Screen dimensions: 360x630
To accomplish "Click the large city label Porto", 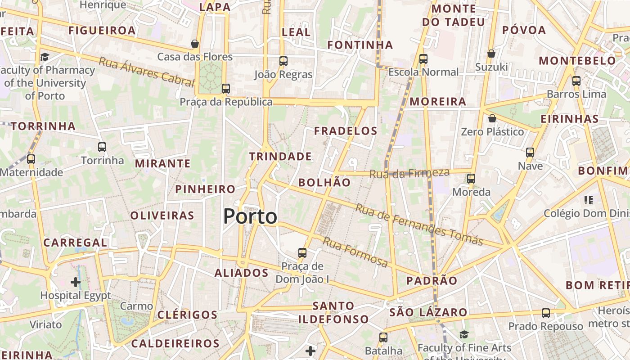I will pos(250,216).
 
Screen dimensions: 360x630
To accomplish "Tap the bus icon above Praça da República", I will pos(226,89).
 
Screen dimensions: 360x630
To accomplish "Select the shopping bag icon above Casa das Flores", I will pos(195,44).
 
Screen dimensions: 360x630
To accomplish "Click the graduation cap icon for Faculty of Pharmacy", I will pos(45,57).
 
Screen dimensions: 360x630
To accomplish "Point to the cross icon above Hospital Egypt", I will pos(76,282).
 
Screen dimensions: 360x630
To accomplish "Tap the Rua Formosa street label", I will pos(355,252).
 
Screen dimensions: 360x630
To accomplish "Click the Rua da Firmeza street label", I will pos(409,173).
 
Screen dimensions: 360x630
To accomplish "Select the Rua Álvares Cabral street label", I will pos(146,72).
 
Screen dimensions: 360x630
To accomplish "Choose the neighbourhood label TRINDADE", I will pos(280,157).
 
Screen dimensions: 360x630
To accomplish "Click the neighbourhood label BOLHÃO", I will pos(324,182).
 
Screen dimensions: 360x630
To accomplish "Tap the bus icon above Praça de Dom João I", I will pos(302,253).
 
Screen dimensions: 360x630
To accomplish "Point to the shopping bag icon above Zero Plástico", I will pos(492,118).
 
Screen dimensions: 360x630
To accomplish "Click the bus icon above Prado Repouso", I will pos(546,313).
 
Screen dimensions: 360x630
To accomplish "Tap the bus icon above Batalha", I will pos(383,337).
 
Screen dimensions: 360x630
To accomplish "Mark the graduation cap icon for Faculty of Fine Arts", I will pos(464,334).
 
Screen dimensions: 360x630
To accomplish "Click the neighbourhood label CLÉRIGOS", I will pos(187,315).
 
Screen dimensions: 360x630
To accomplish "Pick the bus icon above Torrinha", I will pos(102,147).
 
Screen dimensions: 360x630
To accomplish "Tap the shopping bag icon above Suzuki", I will pos(491,54).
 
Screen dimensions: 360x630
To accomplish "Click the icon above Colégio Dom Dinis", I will pos(588,200).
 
